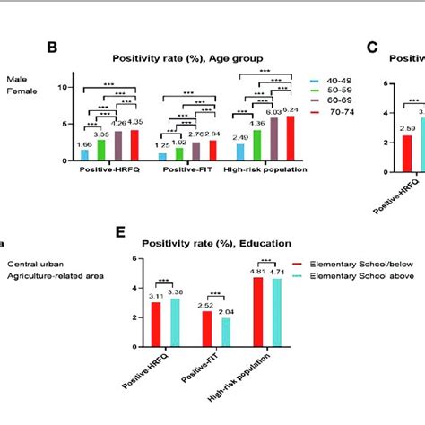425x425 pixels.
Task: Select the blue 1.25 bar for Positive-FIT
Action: click(x=162, y=156)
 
